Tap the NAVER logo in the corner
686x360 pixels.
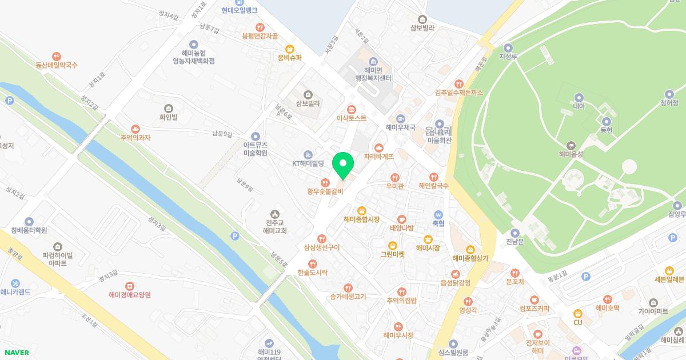pyautogui.click(x=15, y=353)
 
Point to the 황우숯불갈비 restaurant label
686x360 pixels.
pyautogui.click(x=324, y=191)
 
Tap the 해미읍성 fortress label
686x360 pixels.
pyautogui.click(x=571, y=154)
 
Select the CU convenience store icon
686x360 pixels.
pyautogui.click(x=577, y=313)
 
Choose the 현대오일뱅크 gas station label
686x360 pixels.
pyautogui.click(x=239, y=10)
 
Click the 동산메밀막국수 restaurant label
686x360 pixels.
pyautogui.click(x=56, y=65)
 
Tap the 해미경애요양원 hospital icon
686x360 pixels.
pyautogui.click(x=129, y=285)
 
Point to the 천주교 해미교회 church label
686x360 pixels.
pyautogui.click(x=272, y=226)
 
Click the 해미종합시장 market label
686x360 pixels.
pyautogui.click(x=361, y=219)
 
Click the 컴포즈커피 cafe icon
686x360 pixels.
pyautogui.click(x=534, y=299)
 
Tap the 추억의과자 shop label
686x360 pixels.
pyautogui.click(x=135, y=137)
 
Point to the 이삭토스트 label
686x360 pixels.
pyautogui.click(x=351, y=118)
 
